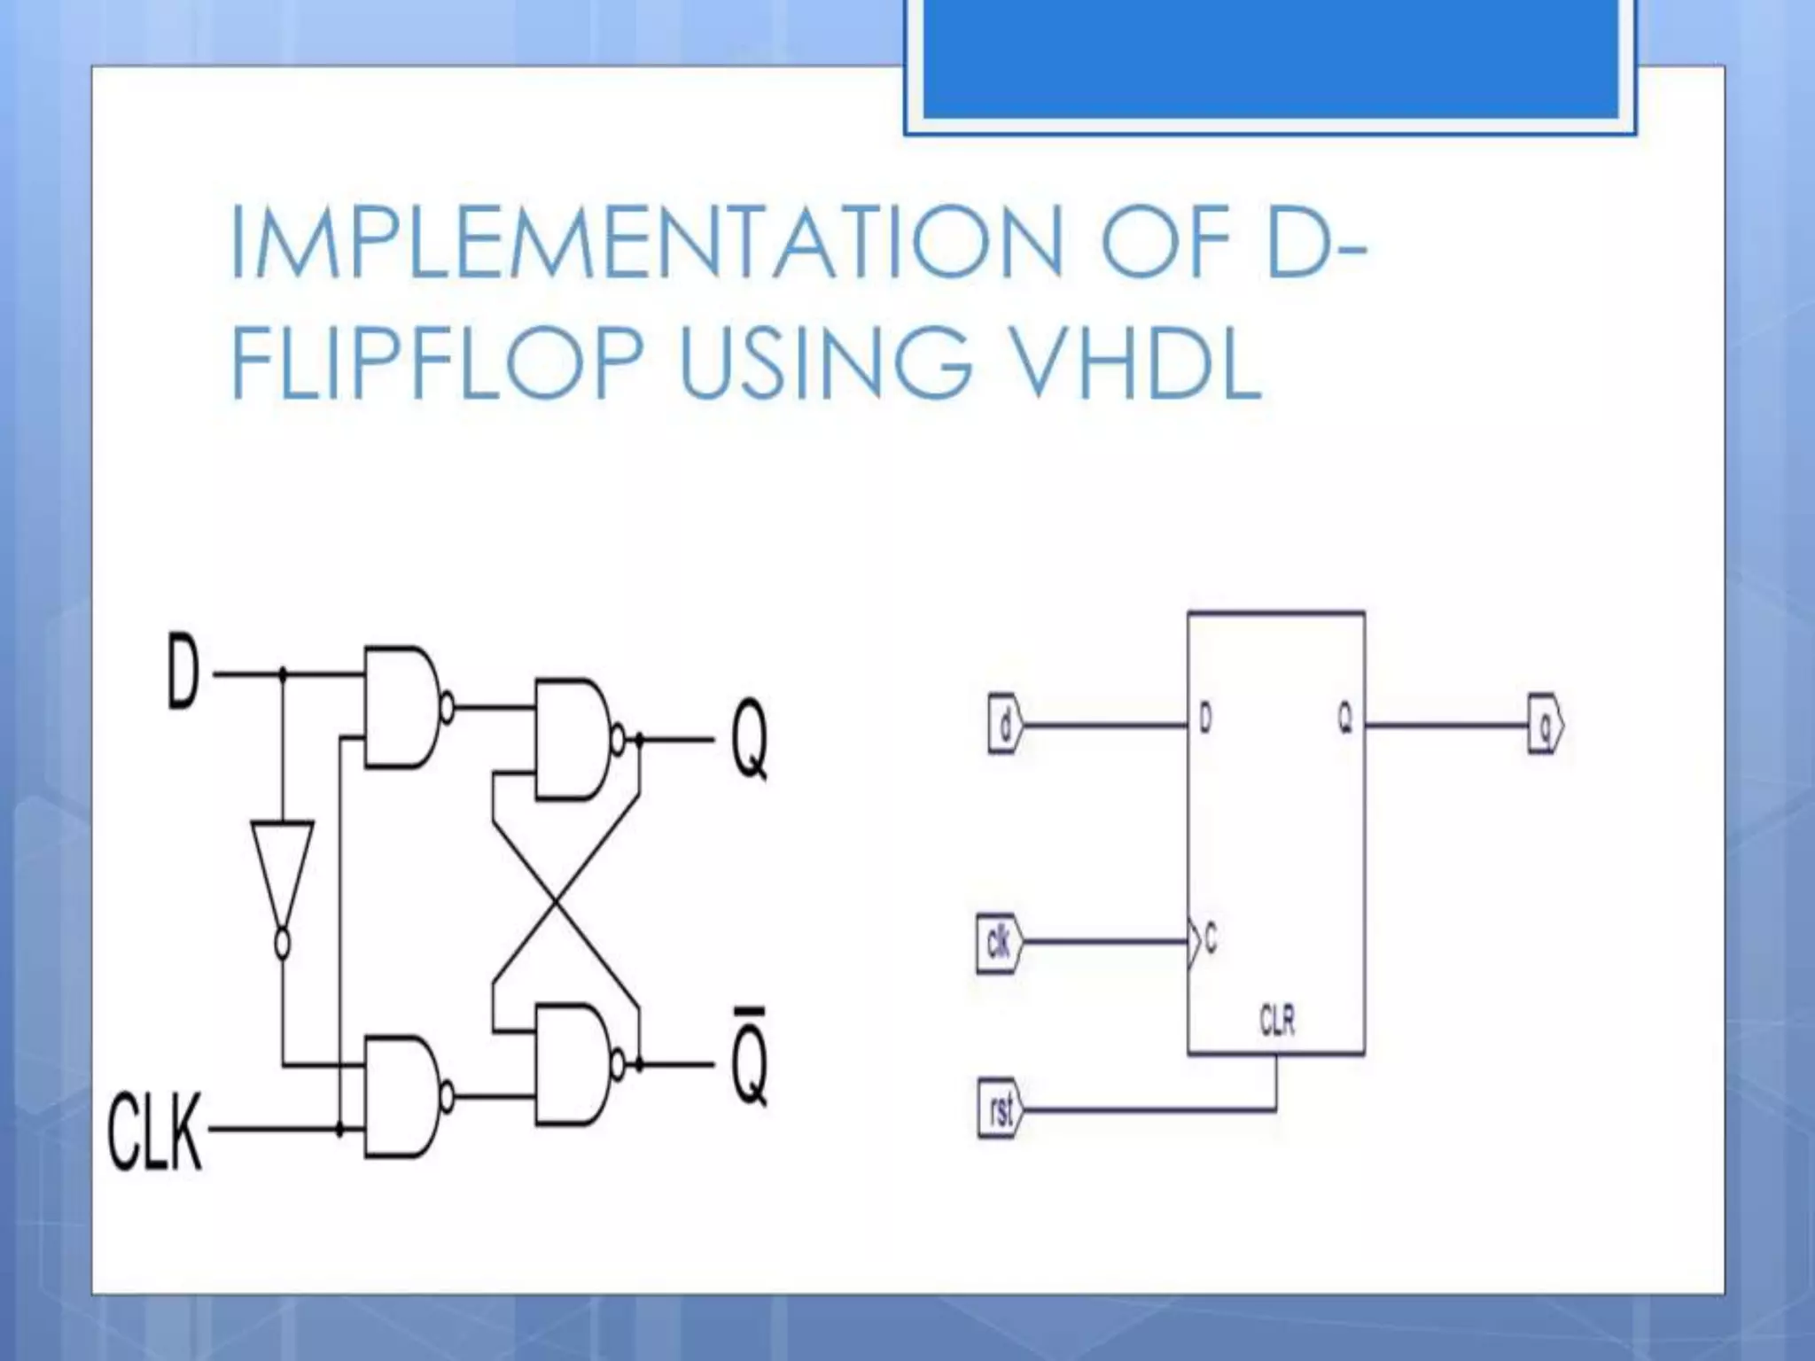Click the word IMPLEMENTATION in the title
pos(647,241)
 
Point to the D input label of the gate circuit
pos(183,675)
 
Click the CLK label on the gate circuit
pos(154,1132)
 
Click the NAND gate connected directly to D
pos(403,706)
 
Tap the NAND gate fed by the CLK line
pos(403,1096)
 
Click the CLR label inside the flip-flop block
pos(1277,1021)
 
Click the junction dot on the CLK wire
pos(339,1131)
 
